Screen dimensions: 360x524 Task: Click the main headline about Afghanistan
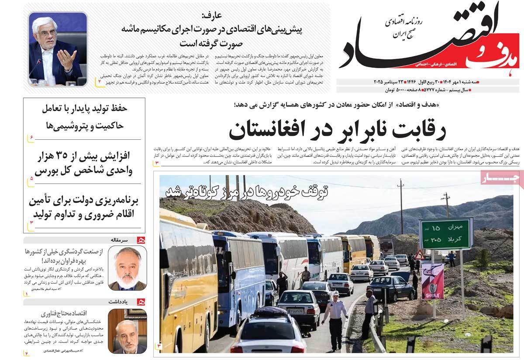[x=321, y=128]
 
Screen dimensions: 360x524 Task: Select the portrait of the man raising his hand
[x=58, y=49]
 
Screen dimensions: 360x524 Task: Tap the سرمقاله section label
[x=124, y=239]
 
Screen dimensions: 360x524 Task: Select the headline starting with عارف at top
[x=212, y=31]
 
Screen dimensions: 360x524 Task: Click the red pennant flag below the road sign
[x=432, y=280]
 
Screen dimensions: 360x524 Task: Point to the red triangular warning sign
[x=420, y=255]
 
